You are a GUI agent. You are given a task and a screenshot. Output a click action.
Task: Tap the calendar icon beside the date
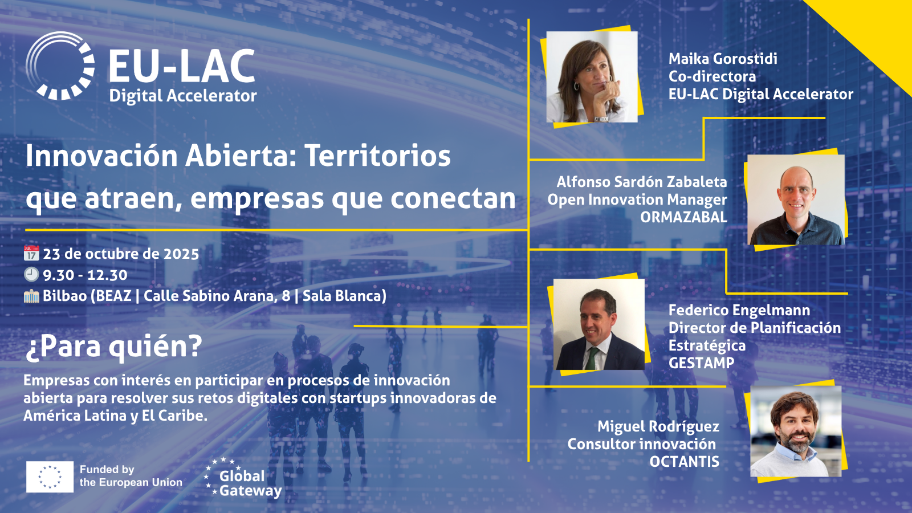31,253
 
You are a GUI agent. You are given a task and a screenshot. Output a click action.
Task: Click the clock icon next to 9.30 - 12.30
31,275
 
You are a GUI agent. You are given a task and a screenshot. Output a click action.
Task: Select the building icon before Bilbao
31,296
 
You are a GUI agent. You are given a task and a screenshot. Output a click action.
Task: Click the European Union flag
50,477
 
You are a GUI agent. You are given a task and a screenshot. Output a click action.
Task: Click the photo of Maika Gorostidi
592,77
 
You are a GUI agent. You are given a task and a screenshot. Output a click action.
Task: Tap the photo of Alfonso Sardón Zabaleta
796,199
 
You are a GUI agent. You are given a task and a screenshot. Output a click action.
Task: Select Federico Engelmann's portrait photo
599,324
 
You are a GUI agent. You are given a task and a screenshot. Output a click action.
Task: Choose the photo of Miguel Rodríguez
796,431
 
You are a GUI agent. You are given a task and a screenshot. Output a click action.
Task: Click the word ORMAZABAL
683,217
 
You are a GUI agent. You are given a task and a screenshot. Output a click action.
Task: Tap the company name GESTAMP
702,363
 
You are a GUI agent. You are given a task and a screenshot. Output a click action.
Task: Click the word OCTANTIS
685,462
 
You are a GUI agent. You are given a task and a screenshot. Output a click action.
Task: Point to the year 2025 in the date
181,254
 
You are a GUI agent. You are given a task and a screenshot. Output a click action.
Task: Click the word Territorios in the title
378,156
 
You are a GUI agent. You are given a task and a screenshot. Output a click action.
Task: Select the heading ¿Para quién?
113,347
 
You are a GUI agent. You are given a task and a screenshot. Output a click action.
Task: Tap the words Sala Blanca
344,296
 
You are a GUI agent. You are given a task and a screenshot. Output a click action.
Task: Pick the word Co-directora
712,76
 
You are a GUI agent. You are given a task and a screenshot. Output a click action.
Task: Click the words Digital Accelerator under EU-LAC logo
183,96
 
